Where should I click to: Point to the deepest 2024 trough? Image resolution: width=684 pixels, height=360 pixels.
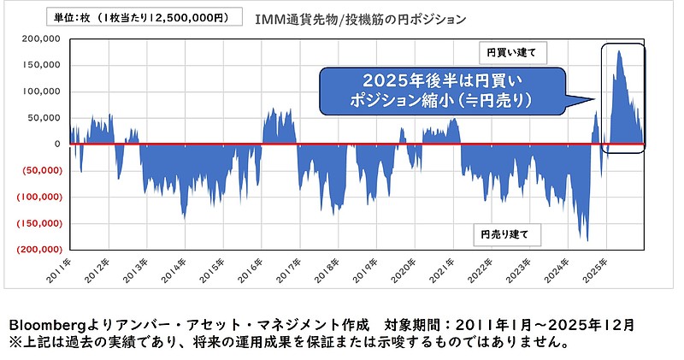click(x=587, y=240)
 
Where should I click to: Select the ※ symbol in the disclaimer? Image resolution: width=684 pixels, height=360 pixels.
click(x=14, y=342)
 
